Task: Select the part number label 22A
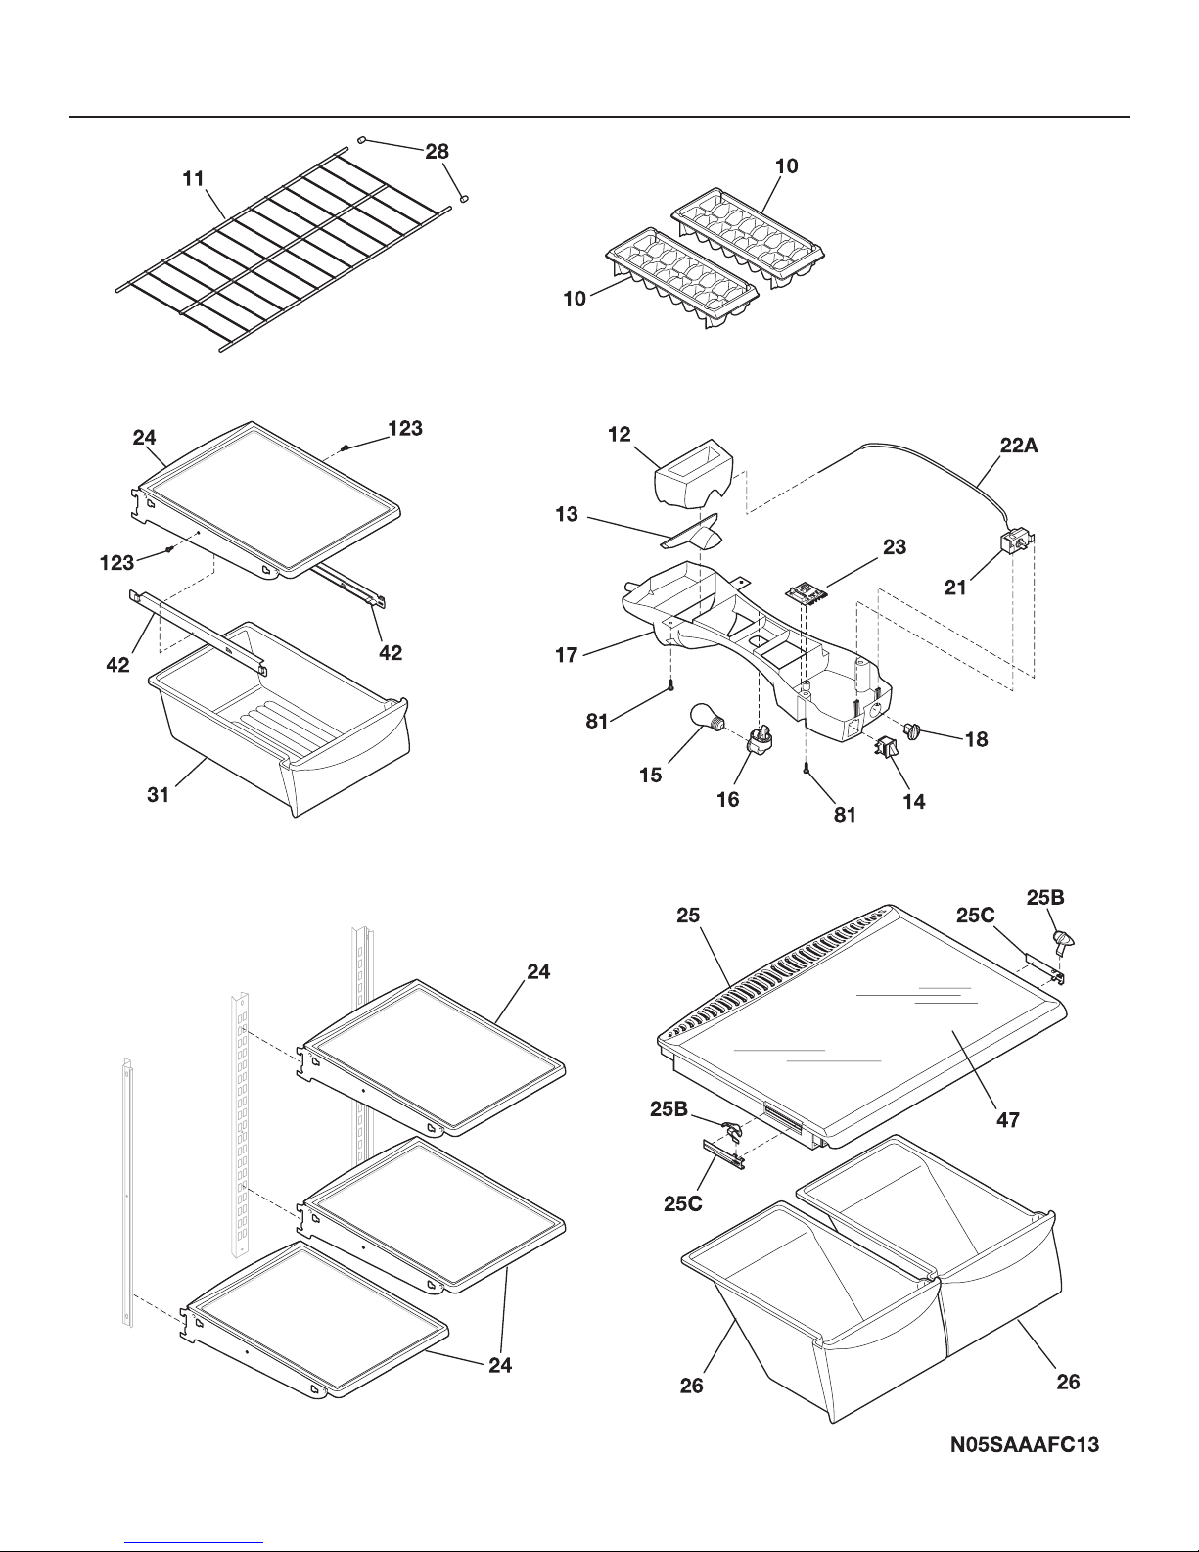point(1019,446)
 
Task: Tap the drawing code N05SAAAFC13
point(1024,1445)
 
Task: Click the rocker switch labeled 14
point(887,748)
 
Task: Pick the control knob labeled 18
point(913,729)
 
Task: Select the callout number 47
point(1008,1120)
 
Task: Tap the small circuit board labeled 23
point(806,591)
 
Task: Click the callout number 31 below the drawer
point(159,794)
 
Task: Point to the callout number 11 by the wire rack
point(194,178)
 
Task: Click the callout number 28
point(437,152)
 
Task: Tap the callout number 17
point(567,655)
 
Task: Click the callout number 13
point(567,514)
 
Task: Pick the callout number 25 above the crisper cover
point(688,916)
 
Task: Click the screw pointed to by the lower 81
point(806,768)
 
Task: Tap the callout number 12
point(619,434)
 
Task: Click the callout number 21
point(955,588)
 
